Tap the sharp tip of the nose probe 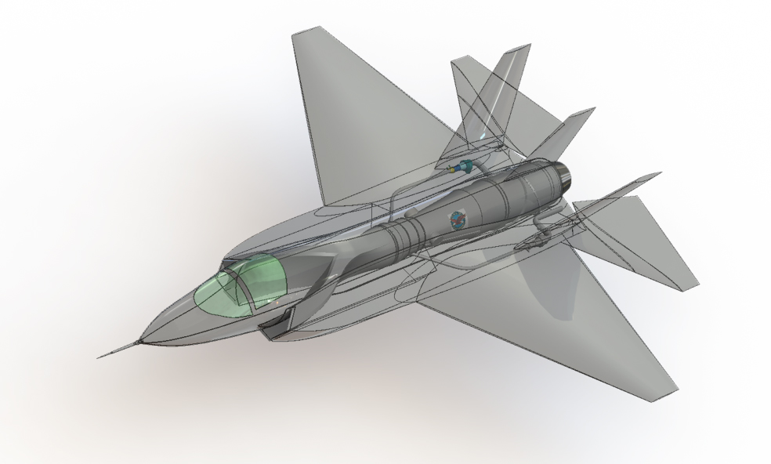tap(99, 357)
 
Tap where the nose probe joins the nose tap(141, 341)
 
